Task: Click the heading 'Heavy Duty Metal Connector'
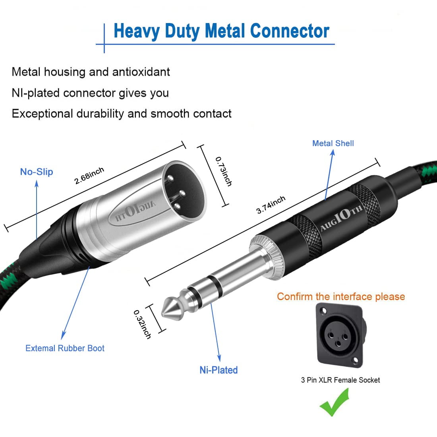pos(221,31)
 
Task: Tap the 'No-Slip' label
pos(37,172)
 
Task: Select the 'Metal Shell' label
pos(333,143)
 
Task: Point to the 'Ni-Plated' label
pos(218,370)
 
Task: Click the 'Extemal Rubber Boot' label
pos(65,348)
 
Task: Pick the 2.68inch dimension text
pos(89,175)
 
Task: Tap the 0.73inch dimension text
pos(223,171)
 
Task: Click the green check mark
pos(335,402)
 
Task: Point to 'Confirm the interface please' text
pos(341,297)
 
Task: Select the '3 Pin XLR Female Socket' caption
pos(340,380)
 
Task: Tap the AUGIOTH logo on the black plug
pos(341,218)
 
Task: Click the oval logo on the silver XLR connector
pos(135,209)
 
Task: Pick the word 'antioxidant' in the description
pos(141,72)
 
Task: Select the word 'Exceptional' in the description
pos(42,114)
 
